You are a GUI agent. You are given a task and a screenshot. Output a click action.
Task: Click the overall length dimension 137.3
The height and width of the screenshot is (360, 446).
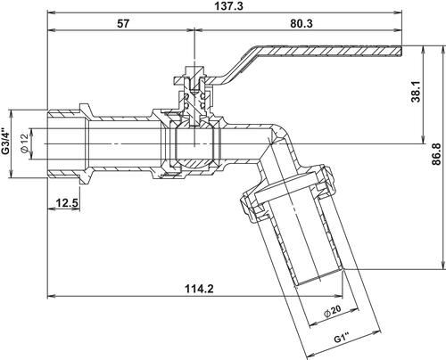[228, 6]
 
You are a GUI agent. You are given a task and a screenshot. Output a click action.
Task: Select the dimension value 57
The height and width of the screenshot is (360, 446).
[123, 23]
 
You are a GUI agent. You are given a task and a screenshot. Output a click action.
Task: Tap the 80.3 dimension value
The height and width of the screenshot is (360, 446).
[301, 23]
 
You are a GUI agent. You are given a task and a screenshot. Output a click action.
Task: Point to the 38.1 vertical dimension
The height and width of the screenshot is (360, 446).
[416, 92]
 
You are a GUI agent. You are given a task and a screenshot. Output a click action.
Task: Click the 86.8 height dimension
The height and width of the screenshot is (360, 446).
[436, 154]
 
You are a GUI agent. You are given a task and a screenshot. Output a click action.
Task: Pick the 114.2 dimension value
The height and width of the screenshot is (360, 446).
[199, 289]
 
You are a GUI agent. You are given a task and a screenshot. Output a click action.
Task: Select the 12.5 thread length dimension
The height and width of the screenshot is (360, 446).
[67, 203]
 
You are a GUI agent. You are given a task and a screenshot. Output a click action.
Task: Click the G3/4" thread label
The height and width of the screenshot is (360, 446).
[5, 142]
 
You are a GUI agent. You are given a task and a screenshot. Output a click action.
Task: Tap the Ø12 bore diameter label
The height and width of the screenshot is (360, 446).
[24, 143]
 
